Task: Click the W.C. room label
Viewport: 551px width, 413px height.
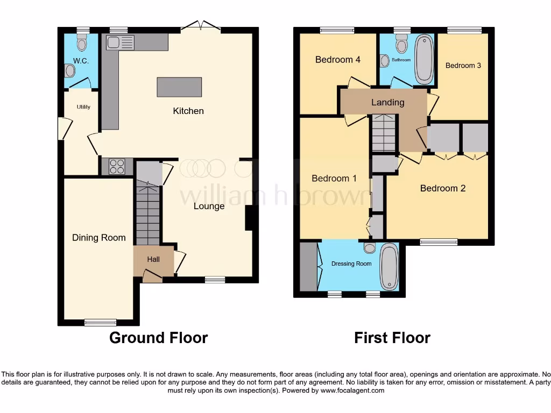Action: [x=81, y=61]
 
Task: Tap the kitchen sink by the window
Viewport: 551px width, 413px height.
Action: [x=120, y=42]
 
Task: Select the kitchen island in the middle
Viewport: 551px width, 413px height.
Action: [x=180, y=87]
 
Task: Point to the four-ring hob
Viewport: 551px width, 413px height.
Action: [x=117, y=167]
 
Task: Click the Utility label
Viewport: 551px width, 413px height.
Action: [x=83, y=107]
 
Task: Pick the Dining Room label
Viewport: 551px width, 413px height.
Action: [x=99, y=238]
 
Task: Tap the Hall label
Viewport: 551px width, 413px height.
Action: [x=153, y=260]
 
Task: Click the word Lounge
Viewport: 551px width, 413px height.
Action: [x=209, y=206]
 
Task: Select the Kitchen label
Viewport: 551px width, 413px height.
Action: [x=188, y=111]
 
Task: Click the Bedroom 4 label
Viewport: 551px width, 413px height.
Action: [x=338, y=60]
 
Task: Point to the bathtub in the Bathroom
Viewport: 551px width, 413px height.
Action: [x=424, y=59]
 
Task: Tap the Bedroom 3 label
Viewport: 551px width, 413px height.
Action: [x=463, y=66]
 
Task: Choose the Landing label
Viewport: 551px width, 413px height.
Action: [x=388, y=102]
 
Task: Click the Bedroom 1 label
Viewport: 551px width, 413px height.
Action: [x=334, y=179]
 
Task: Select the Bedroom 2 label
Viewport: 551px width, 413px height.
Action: [x=443, y=188]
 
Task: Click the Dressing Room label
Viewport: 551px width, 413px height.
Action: [x=351, y=264]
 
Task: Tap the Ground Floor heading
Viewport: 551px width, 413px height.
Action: [x=158, y=338]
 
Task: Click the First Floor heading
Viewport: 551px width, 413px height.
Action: [x=392, y=338]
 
